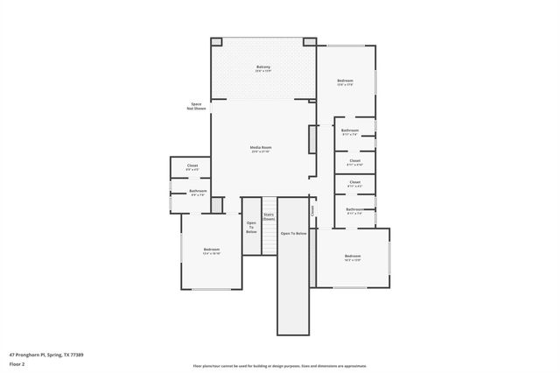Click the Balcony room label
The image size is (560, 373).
pyautogui.click(x=262, y=68)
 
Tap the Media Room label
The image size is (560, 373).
pyautogui.click(x=262, y=149)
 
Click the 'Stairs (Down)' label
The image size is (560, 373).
pyautogui.click(x=269, y=217)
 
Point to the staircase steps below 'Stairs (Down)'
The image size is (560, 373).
pyautogui.click(x=269, y=239)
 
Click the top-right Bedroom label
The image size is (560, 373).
pyautogui.click(x=345, y=82)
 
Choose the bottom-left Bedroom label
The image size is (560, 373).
pyautogui.click(x=211, y=251)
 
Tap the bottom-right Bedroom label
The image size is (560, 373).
pyautogui.click(x=353, y=257)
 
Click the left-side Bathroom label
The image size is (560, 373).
pyautogui.click(x=198, y=193)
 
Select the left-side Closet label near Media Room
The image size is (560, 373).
pyautogui.click(x=192, y=167)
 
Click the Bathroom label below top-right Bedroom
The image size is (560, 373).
pyautogui.click(x=350, y=132)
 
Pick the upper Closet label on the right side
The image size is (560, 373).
pyautogui.click(x=354, y=162)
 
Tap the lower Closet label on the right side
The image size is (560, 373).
pyautogui.click(x=354, y=185)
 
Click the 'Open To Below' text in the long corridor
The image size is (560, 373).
pyautogui.click(x=293, y=234)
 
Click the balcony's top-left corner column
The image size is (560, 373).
pyautogui.click(x=216, y=41)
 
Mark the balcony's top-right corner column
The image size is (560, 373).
pyautogui.click(x=310, y=41)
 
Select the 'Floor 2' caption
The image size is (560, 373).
pyautogui.click(x=17, y=363)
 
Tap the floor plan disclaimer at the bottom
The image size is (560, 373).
pyautogui.click(x=280, y=366)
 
